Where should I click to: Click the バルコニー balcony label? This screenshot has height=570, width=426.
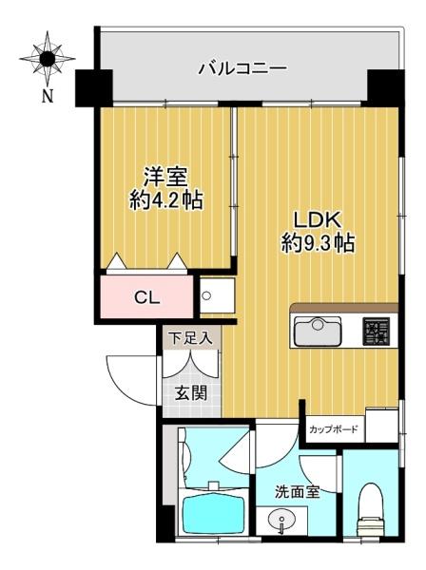point(242,68)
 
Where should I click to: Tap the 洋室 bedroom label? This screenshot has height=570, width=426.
point(165,177)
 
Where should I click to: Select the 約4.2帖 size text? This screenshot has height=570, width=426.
point(166,199)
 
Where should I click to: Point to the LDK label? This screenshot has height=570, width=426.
point(318,220)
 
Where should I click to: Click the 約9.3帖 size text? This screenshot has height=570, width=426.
point(318,243)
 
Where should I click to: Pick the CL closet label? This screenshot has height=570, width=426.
point(147,298)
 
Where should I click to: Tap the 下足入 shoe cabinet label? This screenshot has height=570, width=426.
point(191,339)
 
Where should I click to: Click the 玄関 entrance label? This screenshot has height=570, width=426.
point(191,393)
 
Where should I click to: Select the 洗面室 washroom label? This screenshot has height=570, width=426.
point(297,492)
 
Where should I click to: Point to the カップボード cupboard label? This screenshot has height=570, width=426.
point(333,429)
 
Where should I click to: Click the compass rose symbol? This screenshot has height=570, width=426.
point(48,59)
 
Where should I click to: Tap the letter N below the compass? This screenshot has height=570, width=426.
point(48,96)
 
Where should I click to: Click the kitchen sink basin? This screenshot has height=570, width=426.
point(318,332)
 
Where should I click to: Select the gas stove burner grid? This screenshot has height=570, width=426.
point(376,332)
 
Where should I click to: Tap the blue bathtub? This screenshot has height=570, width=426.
point(213,514)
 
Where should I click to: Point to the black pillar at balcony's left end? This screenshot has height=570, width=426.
point(93,88)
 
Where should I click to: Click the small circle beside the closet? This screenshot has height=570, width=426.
point(206,295)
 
